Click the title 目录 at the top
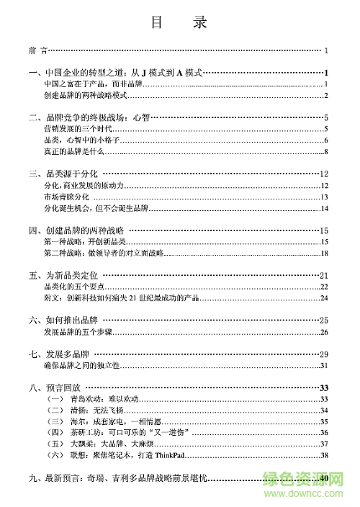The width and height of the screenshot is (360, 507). (179, 22)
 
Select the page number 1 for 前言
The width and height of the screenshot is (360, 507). (326, 50)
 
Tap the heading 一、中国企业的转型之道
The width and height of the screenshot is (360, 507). (115, 73)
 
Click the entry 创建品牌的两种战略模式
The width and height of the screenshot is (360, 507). (84, 96)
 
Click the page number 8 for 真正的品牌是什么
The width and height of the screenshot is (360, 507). (326, 151)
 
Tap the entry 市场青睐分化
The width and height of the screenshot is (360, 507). (66, 197)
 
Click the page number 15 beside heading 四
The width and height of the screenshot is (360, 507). (324, 230)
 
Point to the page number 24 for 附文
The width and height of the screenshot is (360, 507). (324, 297)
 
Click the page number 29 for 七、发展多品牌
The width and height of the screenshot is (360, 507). (324, 354)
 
